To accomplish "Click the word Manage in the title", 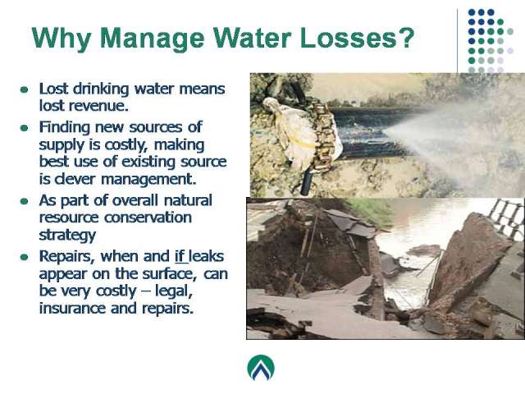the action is point(152,39).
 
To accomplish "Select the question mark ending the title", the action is point(406,38).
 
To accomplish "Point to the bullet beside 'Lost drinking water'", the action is point(24,89).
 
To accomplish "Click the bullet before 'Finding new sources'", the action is point(24,128).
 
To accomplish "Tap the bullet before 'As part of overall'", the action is point(24,201).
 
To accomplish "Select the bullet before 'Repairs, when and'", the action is point(24,257).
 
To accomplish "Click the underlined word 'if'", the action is point(180,256).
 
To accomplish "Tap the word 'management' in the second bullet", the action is point(147,179).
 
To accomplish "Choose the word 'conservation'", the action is point(148,218).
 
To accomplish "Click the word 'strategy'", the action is point(67,235).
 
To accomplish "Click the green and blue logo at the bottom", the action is point(261,368).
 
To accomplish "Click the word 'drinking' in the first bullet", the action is point(101,89).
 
